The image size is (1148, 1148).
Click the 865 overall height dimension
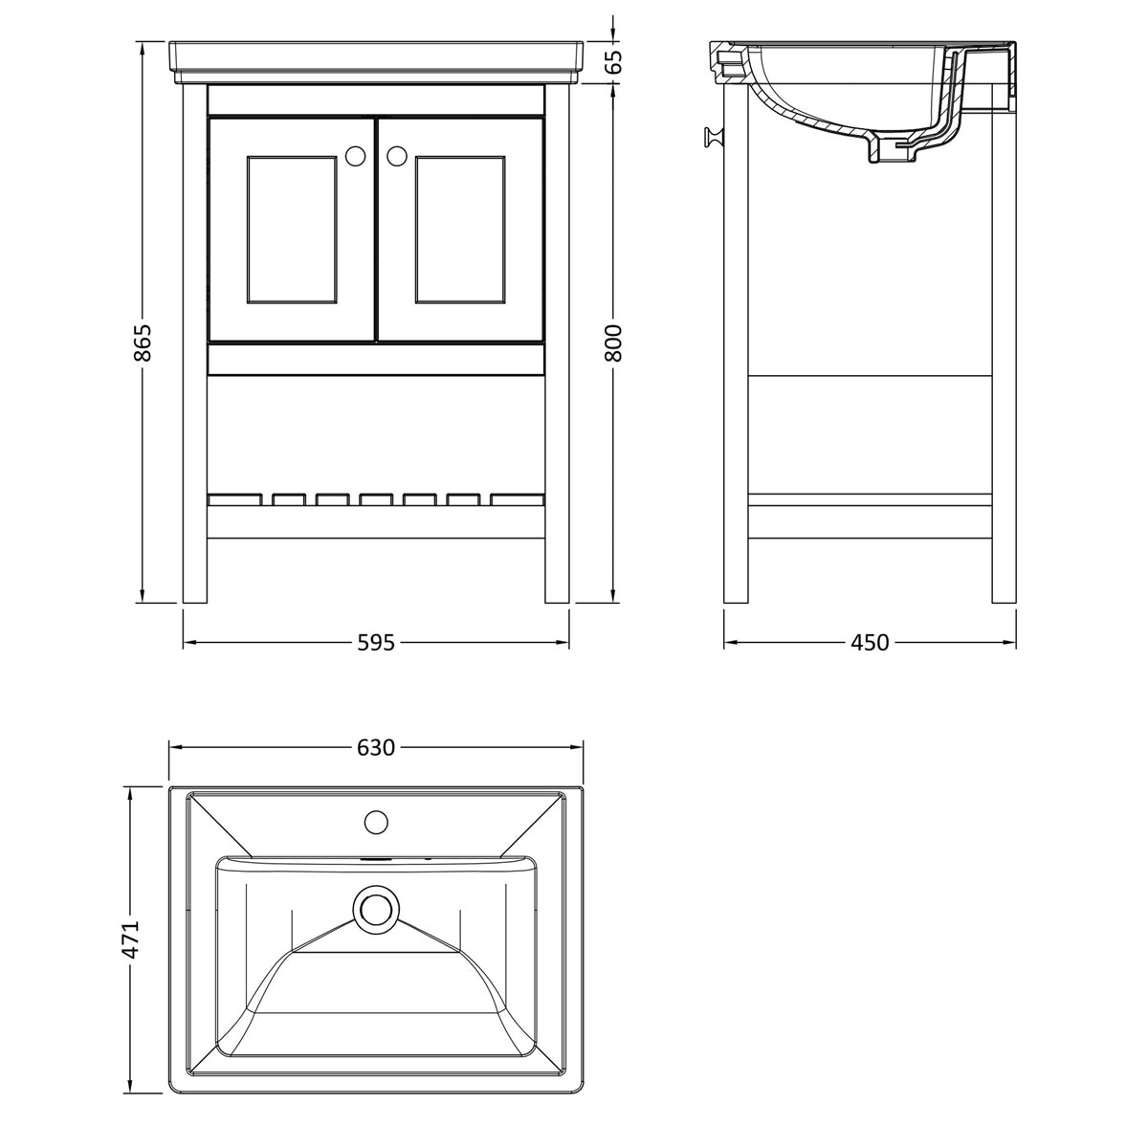[x=143, y=343]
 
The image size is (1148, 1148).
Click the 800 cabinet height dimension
[x=612, y=343]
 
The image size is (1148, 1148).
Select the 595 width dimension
[x=376, y=642]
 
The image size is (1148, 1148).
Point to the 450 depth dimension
[x=870, y=642]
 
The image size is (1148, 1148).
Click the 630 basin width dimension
[x=376, y=747]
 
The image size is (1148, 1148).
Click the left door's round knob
[x=356, y=156]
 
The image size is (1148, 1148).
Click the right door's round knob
[x=396, y=156]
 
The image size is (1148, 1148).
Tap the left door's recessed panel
[x=292, y=230]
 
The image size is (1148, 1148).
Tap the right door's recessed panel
[x=460, y=230]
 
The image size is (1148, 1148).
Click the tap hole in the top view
[x=376, y=823]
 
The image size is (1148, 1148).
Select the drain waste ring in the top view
[x=375, y=910]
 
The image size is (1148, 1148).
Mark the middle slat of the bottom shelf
[x=376, y=499]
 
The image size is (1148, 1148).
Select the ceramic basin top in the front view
[x=376, y=62]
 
